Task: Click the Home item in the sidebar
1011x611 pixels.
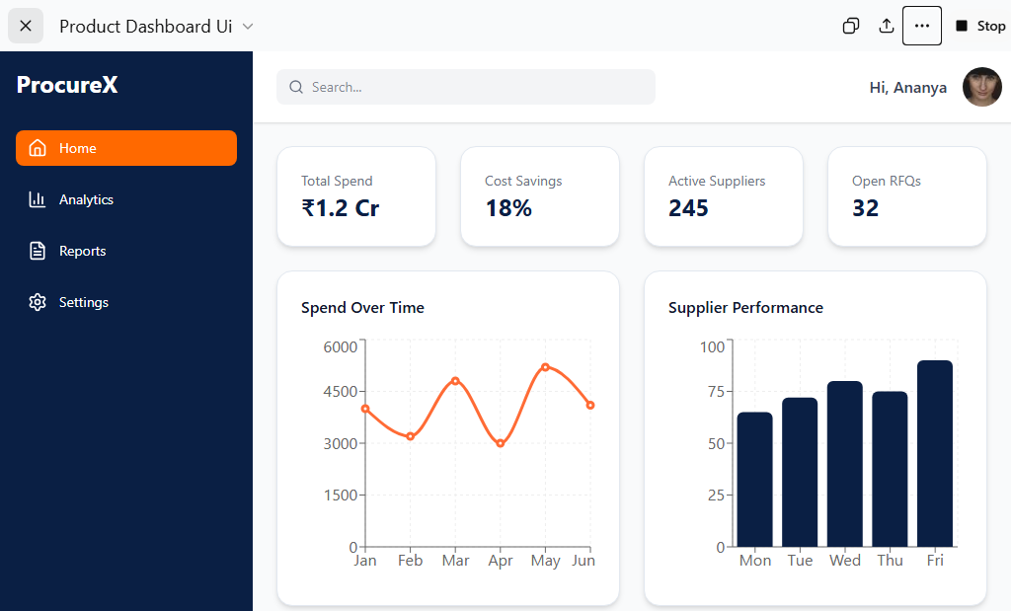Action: pos(126,148)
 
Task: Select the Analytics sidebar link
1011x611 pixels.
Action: pos(71,199)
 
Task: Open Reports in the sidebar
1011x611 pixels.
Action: pos(67,252)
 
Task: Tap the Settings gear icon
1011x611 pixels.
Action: pos(38,302)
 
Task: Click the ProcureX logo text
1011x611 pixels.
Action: pos(67,85)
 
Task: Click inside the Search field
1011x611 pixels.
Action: pos(466,87)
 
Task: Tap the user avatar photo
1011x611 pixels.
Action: pos(982,87)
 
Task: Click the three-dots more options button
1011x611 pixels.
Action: pos(922,26)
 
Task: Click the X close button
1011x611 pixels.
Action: pos(26,26)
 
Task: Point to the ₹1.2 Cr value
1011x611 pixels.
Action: pos(341,208)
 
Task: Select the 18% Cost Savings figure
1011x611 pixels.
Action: pos(508,208)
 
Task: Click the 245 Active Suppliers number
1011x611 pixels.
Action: pos(688,208)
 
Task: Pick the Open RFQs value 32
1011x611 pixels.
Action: pos(865,208)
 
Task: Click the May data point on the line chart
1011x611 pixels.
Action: pos(545,367)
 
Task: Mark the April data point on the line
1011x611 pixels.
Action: pos(501,443)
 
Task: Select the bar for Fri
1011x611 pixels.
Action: pos(935,454)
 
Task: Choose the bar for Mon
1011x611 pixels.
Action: pos(755,480)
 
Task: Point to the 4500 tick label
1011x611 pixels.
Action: pos(341,392)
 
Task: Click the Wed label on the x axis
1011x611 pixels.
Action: pos(845,561)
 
